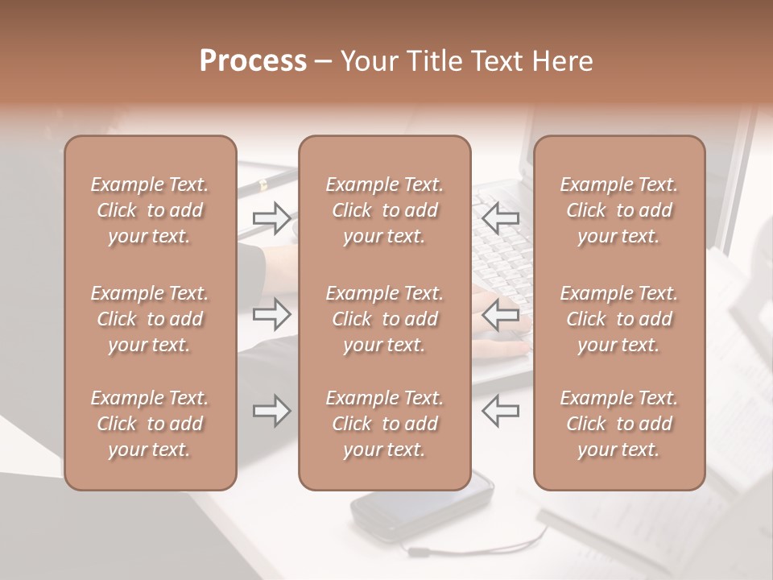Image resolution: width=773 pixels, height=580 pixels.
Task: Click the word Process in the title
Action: coord(253,61)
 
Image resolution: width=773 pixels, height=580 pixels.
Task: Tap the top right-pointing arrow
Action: coord(272,218)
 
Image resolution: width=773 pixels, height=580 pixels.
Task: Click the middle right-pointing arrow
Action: coord(272,314)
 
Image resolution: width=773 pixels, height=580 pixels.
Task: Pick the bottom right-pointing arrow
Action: coord(272,411)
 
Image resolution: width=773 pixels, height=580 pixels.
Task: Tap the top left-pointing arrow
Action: coord(500,218)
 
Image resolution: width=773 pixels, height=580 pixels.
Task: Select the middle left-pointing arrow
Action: coord(500,314)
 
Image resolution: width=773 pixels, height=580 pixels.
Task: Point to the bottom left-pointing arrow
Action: coord(500,411)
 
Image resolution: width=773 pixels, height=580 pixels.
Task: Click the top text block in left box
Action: coord(150,210)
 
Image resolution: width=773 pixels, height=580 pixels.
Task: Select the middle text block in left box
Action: coord(150,319)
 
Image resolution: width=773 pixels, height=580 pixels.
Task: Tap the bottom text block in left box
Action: coord(150,424)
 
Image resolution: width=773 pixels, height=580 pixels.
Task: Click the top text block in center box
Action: coord(384,210)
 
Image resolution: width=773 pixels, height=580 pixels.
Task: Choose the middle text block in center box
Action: coord(384,319)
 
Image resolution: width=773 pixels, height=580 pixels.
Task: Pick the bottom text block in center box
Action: coord(384,424)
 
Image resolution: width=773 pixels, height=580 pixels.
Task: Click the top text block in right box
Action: coord(618,210)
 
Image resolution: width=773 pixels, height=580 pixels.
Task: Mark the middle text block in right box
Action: coord(618,319)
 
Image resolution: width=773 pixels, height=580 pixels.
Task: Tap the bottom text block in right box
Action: coord(618,424)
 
